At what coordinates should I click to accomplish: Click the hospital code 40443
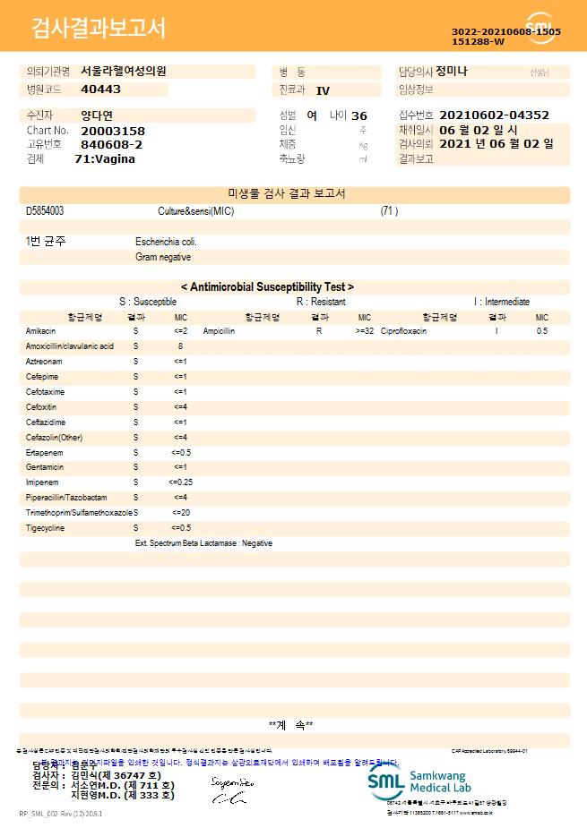pyautogui.click(x=100, y=90)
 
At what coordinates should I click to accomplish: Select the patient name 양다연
pyautogui.click(x=97, y=115)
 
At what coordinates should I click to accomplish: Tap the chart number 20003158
pyautogui.click(x=113, y=131)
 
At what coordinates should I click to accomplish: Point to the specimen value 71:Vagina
pyautogui.click(x=105, y=159)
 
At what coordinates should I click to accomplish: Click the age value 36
pyautogui.click(x=359, y=116)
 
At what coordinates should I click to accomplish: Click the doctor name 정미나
pyautogui.click(x=452, y=72)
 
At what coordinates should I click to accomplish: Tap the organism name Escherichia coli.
pyautogui.click(x=166, y=242)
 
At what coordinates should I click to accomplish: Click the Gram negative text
pyautogui.click(x=163, y=257)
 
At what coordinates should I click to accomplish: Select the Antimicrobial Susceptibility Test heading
pyautogui.click(x=267, y=287)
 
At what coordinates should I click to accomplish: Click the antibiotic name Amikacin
pyautogui.click(x=40, y=331)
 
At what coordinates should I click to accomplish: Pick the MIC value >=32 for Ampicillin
pyautogui.click(x=365, y=331)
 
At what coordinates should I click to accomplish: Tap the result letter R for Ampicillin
pyautogui.click(x=319, y=331)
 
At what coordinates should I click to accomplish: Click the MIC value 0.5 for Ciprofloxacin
pyautogui.click(x=542, y=331)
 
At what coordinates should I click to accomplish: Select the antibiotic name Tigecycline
pyautogui.click(x=46, y=528)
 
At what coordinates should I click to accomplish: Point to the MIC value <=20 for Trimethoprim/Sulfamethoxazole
pyautogui.click(x=181, y=513)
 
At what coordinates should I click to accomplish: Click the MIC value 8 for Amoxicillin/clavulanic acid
pyautogui.click(x=180, y=346)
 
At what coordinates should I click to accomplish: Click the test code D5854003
pyautogui.click(x=45, y=211)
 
